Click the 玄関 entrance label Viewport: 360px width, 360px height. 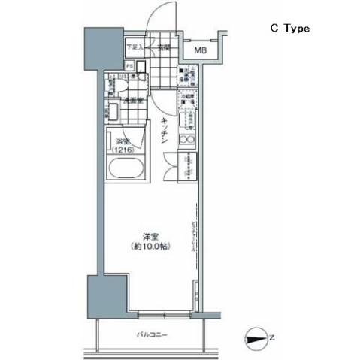165,47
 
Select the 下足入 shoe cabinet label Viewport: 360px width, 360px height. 135,47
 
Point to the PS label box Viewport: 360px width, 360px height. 129,65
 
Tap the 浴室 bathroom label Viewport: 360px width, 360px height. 122,141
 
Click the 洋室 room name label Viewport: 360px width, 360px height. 147,235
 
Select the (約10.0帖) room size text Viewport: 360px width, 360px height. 147,246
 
